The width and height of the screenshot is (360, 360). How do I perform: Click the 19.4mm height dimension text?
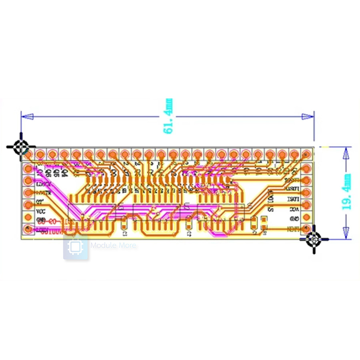pos(346,192)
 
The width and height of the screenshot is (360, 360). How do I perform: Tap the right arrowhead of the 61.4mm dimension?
pos(308,116)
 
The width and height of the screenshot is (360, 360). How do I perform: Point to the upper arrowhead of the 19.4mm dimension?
pos(346,152)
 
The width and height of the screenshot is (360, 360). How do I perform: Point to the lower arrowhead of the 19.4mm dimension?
pos(346,234)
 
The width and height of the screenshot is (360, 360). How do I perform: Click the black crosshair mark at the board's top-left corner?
pos(21,147)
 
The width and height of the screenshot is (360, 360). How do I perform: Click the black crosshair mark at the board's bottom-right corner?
pos(314,239)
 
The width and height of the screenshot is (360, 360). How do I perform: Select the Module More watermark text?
pos(113,246)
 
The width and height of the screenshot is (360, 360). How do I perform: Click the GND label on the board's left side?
pos(41,220)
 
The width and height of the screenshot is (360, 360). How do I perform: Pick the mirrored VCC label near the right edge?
pos(294,209)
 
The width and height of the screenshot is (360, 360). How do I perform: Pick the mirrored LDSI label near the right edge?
pos(294,199)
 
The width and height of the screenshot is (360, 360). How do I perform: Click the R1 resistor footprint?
pos(264,224)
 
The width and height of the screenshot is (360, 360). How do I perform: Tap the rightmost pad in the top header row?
pos(306,154)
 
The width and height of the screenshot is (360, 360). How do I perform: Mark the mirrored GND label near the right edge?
pos(294,219)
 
